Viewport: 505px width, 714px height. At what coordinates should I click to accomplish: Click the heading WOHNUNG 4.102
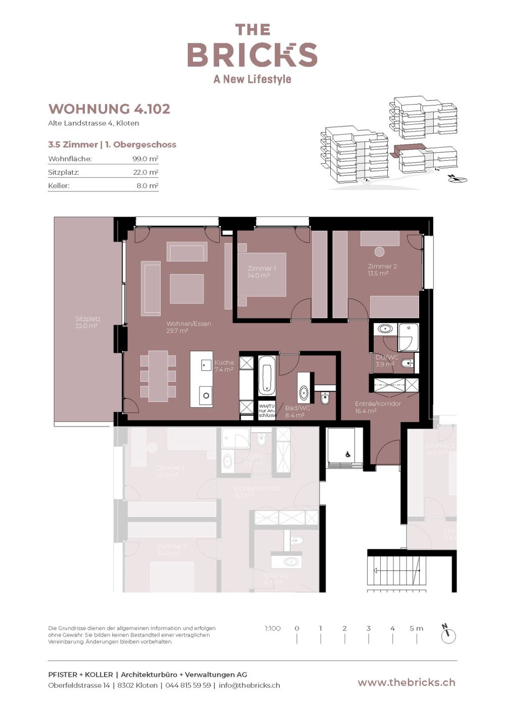tap(109, 109)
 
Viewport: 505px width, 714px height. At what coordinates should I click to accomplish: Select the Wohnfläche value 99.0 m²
tap(145, 159)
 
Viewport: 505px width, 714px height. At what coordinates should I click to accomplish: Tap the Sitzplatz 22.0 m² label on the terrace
tap(87, 322)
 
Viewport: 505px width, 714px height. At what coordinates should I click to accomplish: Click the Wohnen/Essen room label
tap(188, 327)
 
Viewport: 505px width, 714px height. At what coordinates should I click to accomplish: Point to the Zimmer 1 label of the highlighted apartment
tap(261, 272)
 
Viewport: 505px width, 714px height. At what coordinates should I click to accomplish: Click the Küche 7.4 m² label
tap(224, 366)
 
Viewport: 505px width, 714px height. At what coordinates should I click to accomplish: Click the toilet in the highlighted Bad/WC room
tap(325, 398)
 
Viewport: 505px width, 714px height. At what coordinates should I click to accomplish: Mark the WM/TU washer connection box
tap(266, 411)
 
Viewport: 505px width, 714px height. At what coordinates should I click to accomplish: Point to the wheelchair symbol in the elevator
tap(347, 454)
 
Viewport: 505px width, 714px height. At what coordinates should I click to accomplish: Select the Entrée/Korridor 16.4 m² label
tap(377, 407)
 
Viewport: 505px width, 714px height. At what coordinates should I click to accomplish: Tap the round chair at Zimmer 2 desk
tap(379, 251)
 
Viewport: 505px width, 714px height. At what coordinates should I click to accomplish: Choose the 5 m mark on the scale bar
tap(416, 629)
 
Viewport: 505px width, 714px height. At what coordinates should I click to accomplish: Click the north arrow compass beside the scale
tap(448, 635)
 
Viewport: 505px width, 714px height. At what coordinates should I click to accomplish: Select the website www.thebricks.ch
tap(406, 682)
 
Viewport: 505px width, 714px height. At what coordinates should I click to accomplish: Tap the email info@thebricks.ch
tap(249, 685)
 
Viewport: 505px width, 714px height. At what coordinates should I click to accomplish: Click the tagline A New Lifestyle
tap(252, 79)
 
